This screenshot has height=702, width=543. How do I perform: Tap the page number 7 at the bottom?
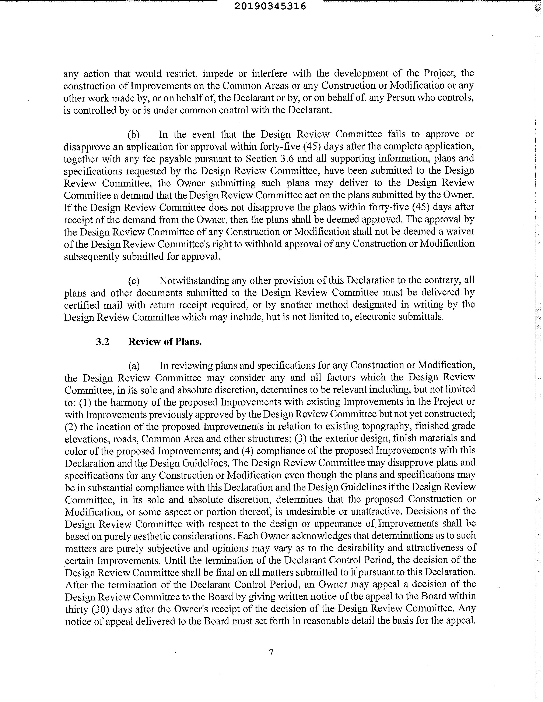(271, 653)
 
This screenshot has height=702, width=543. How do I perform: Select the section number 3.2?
(103, 342)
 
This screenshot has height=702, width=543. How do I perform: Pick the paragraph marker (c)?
(133, 281)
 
